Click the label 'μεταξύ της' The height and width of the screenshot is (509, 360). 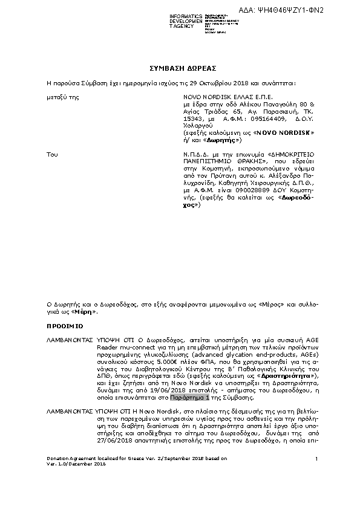(62, 97)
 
